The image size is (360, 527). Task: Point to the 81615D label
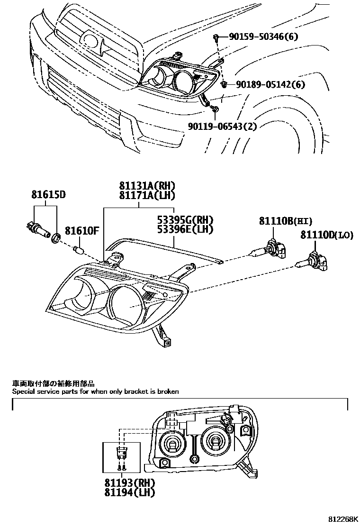coord(49,195)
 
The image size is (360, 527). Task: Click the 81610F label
coord(81,231)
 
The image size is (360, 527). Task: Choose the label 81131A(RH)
coord(140,186)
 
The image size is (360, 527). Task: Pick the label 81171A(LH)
coord(140,195)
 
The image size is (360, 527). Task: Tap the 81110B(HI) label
coord(286,221)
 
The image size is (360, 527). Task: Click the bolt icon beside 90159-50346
coord(216,37)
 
